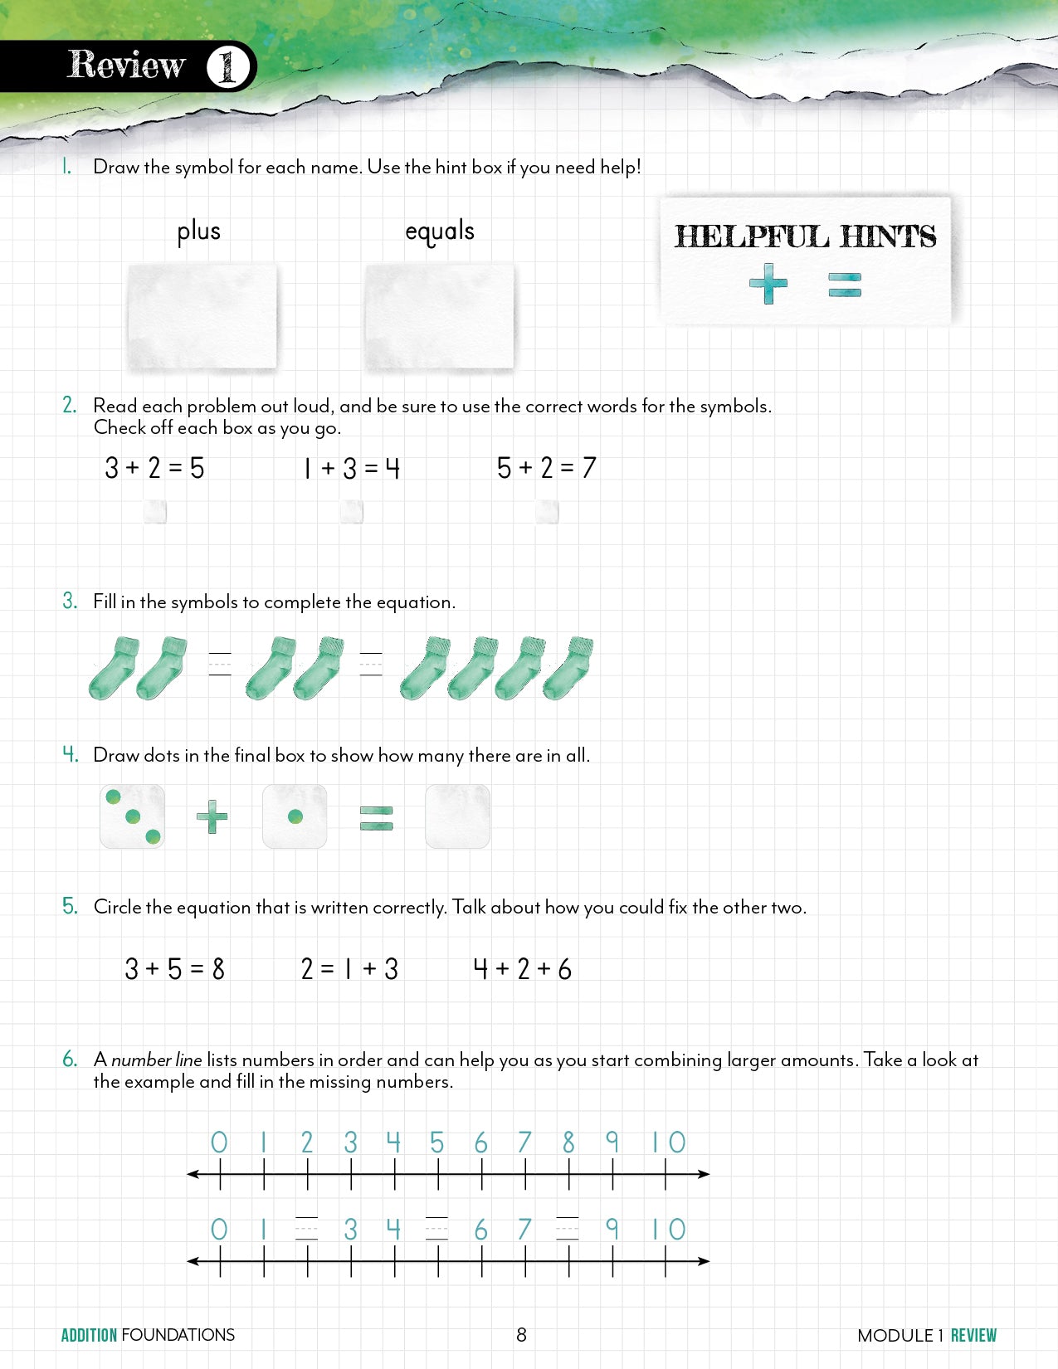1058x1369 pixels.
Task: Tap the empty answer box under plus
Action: point(202,316)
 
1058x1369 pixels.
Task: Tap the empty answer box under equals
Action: point(440,316)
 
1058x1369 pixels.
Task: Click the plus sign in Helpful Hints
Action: point(768,285)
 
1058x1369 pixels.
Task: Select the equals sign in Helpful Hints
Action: point(845,285)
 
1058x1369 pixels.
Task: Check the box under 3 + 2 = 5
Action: point(155,512)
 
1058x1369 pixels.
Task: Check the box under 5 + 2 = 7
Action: point(547,512)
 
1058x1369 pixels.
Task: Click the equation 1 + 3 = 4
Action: point(352,469)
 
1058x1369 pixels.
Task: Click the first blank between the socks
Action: point(220,665)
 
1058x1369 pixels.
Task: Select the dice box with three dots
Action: point(133,817)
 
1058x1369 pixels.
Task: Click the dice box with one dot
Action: point(295,817)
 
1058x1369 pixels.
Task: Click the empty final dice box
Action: point(457,817)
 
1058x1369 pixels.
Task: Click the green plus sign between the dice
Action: point(212,817)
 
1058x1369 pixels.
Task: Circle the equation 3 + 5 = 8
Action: point(175,968)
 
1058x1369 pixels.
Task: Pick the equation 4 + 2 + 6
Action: point(522,968)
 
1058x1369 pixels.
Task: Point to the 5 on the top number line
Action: point(437,1142)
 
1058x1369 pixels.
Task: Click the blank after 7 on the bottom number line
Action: point(568,1229)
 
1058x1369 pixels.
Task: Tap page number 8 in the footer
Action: point(521,1335)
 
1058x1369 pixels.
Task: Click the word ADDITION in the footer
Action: point(90,1335)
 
